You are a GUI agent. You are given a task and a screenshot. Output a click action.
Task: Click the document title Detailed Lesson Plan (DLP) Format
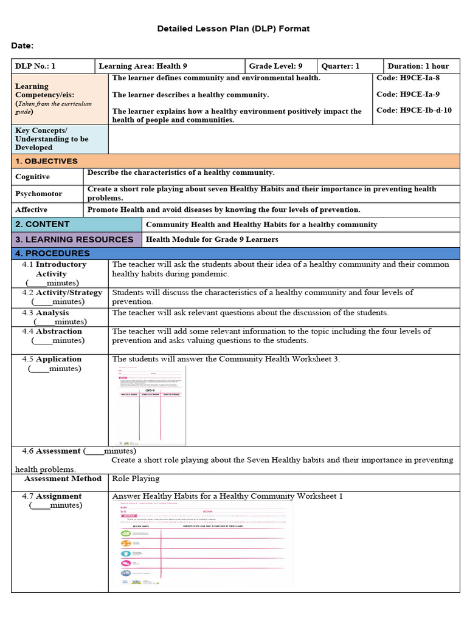pos(233,29)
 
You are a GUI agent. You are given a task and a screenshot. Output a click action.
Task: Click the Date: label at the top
pos(22,46)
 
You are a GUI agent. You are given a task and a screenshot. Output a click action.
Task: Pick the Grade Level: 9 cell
pos(275,66)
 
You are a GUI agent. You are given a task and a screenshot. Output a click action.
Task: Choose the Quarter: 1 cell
pos(341,66)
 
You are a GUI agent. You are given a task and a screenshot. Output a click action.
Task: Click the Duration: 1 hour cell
pos(418,66)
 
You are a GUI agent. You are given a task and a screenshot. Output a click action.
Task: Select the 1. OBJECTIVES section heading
pos(47,161)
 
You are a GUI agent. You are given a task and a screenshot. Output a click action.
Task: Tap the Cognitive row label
pos(33,177)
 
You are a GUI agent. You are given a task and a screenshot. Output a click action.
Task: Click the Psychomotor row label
pos(39,194)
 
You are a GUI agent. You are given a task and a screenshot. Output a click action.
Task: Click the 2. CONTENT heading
pos(43,224)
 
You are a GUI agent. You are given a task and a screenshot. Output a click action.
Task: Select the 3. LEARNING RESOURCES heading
pos(74,239)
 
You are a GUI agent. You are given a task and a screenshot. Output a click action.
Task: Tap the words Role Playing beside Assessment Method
pos(136,479)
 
